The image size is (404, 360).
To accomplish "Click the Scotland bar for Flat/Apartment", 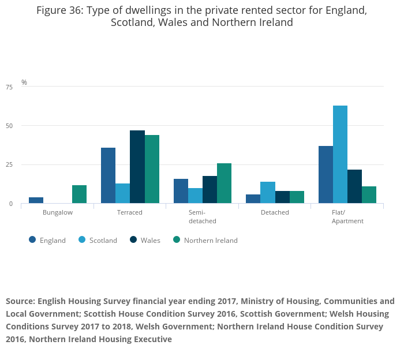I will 340,155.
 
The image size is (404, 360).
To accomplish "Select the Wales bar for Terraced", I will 137,167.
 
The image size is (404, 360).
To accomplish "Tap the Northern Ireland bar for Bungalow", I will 79,194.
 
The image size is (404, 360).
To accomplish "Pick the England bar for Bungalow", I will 36,200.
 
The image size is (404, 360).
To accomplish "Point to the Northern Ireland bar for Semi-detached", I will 224,183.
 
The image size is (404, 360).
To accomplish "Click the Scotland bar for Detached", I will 268,193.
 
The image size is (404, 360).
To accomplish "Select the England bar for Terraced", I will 108,175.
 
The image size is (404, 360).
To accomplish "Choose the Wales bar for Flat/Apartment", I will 354,186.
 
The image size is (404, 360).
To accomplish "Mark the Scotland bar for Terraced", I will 122,193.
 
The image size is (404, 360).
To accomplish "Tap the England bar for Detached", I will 253,199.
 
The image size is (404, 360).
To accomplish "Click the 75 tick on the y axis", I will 9,87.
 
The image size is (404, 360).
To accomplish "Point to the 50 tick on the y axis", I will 9,126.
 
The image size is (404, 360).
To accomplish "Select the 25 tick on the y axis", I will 9,165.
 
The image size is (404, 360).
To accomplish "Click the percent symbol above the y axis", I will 24,82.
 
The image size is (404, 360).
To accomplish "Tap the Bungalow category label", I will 57,212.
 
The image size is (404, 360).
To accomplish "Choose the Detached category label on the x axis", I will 275,212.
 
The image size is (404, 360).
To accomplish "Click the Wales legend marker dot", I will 133,240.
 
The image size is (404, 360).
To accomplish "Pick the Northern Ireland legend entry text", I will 211,241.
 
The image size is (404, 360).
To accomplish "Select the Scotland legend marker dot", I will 83,240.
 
